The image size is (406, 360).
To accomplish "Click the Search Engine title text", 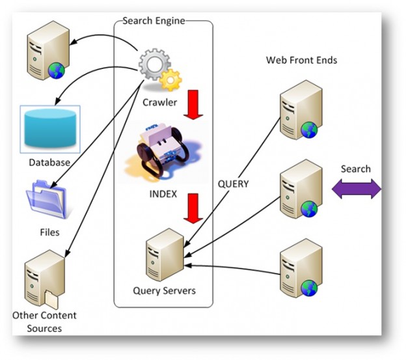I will pyautogui.click(x=154, y=21).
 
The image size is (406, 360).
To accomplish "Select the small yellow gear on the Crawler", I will pyautogui.click(x=171, y=80).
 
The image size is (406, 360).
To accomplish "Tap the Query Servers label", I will pyautogui.click(x=164, y=290).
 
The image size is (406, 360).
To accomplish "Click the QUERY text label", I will pyautogui.click(x=233, y=184).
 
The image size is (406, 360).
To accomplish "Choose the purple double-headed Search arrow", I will pyautogui.click(x=356, y=189).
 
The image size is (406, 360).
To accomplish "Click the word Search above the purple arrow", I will pyautogui.click(x=356, y=169).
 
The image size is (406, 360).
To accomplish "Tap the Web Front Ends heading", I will pyautogui.click(x=301, y=60).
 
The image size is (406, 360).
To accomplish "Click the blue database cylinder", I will pyautogui.click(x=49, y=129).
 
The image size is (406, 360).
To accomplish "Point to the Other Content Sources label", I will pyautogui.click(x=44, y=322).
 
